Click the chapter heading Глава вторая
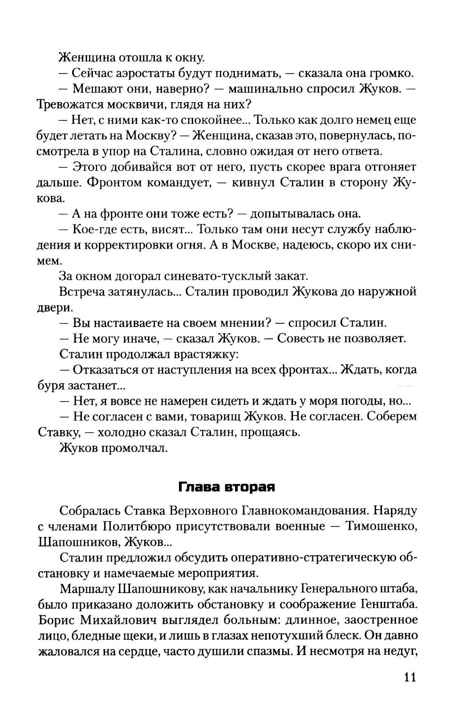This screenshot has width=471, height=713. coord(227,487)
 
